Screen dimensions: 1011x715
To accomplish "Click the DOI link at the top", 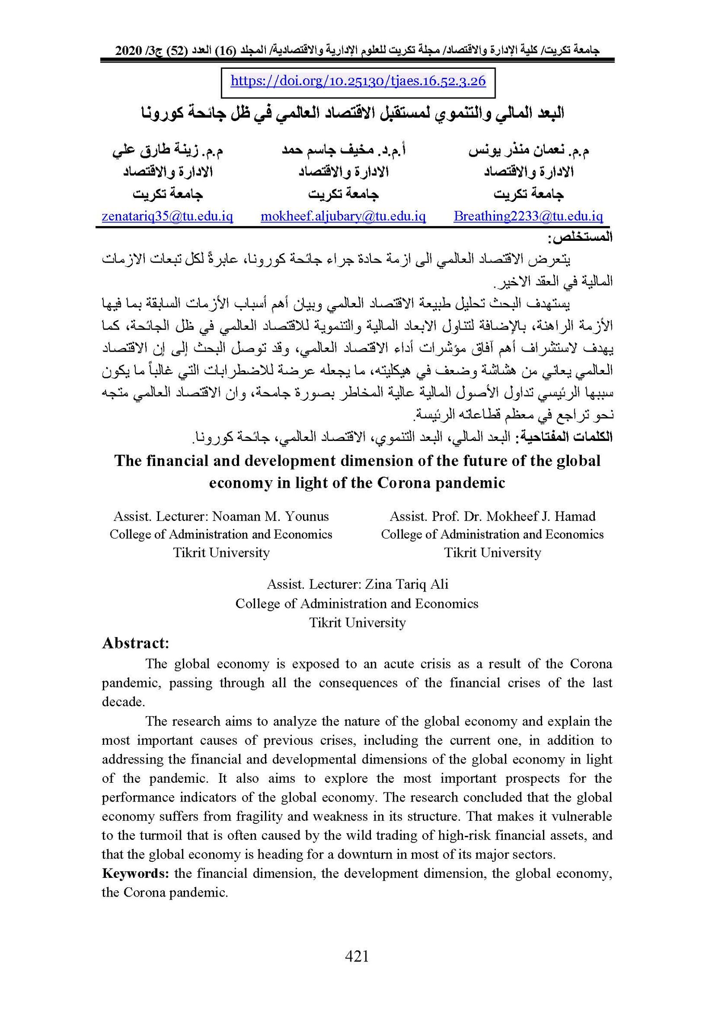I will coord(358,81).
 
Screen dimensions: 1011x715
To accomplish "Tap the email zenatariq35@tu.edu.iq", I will coord(168,216).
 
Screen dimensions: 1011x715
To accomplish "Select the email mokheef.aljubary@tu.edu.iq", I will coord(343,216).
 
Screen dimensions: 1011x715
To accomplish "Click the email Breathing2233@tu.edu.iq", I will coord(528,216).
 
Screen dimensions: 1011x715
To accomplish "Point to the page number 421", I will coord(357,956).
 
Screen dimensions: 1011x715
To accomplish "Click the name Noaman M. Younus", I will coord(270,516).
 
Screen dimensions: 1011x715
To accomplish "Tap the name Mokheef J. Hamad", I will coord(541,516).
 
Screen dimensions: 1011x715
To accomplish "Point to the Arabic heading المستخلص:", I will coord(582,238).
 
